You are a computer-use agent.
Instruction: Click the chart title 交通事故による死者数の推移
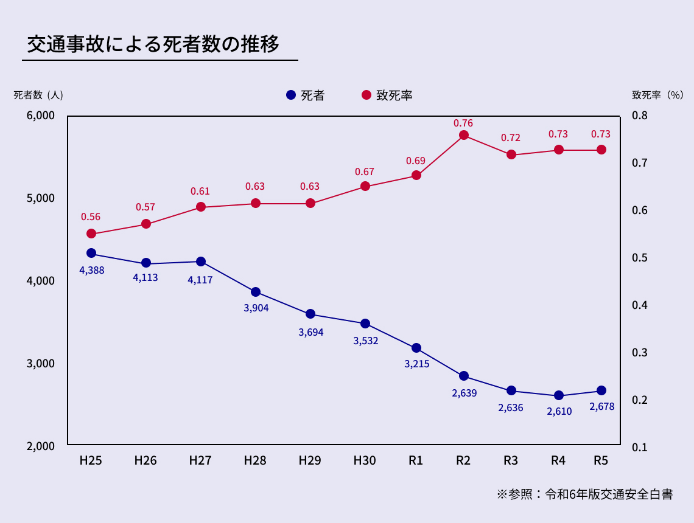coord(153,44)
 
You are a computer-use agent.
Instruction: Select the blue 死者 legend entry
coord(304,95)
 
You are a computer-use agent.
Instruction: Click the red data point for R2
coord(463,135)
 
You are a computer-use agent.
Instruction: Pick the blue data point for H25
coord(91,253)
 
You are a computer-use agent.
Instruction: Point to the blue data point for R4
coord(559,395)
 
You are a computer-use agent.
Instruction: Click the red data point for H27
coord(200,207)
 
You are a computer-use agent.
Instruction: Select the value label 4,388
coord(92,270)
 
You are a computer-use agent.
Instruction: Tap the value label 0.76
coord(463,123)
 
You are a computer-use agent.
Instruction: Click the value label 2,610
coord(559,412)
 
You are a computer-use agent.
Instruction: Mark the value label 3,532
coord(365,341)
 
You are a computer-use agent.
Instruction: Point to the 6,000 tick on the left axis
coord(41,116)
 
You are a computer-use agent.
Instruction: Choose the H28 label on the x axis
coord(255,461)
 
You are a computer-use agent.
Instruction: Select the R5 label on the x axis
coord(601,461)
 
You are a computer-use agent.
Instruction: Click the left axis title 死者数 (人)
coord(38,95)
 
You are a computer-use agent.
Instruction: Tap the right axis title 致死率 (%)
coord(657,95)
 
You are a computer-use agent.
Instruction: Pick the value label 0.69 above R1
coord(416,161)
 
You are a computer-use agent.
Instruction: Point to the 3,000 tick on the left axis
coord(41,364)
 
